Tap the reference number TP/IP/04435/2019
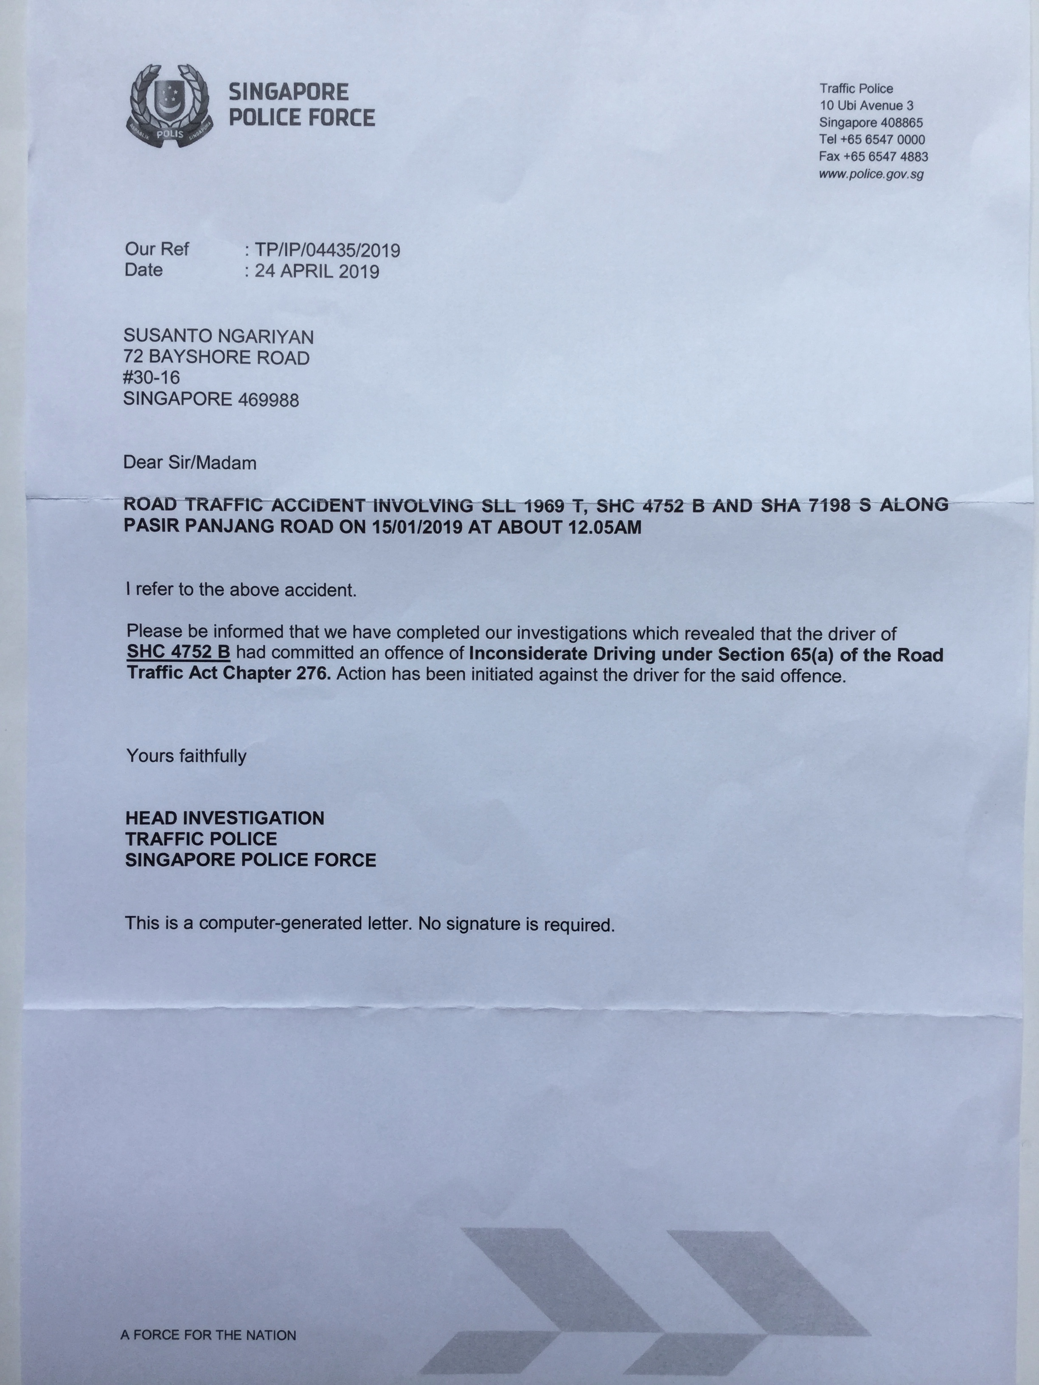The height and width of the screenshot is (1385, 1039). point(327,250)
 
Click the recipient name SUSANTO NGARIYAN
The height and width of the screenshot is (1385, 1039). point(218,337)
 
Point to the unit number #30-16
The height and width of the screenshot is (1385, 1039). point(152,378)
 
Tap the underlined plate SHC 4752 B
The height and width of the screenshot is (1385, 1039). point(179,652)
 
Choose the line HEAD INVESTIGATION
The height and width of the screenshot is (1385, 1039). point(224,818)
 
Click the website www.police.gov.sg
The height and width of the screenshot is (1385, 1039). point(871,174)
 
